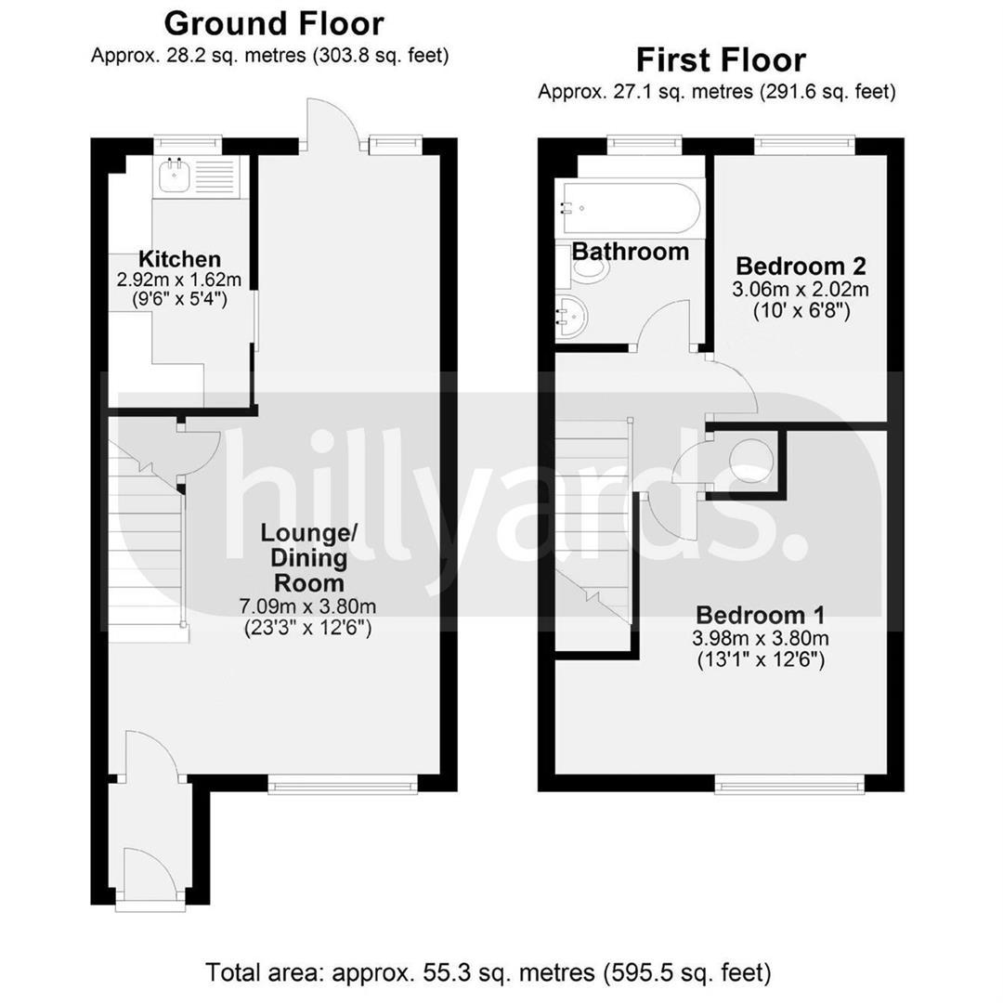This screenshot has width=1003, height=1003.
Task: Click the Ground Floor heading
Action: click(274, 24)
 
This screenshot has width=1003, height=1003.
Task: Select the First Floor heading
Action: click(721, 60)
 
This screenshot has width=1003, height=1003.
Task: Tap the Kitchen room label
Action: click(180, 259)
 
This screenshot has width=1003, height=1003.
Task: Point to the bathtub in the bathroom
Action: click(630, 209)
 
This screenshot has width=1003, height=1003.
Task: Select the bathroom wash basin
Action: click(571, 316)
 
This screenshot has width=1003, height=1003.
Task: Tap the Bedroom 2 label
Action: click(801, 265)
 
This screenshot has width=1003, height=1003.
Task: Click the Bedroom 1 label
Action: click(760, 615)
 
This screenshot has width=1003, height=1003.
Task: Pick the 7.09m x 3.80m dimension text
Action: click(307, 606)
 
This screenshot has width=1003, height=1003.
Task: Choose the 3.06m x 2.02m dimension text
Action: click(801, 289)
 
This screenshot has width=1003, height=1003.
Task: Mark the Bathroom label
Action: click(630, 252)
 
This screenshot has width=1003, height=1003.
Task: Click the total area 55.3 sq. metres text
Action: click(488, 973)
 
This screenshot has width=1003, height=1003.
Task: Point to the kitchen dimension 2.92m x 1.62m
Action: click(179, 280)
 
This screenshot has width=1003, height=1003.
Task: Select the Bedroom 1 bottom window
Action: click(789, 784)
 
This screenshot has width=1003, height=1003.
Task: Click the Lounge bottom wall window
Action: click(343, 784)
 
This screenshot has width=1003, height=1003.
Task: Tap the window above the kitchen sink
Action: click(188, 145)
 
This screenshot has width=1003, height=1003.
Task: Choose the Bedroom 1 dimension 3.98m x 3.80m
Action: click(760, 638)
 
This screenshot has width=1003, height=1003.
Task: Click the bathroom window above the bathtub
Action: click(645, 145)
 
